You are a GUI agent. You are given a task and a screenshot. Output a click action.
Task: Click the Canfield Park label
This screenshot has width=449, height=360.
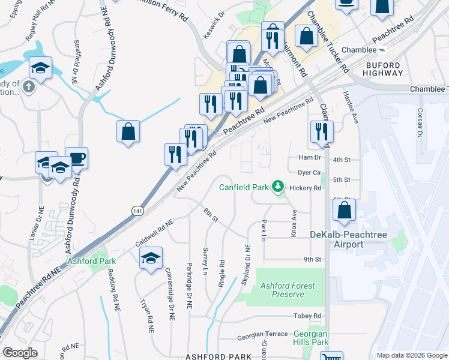pyautogui.click(x=244, y=187)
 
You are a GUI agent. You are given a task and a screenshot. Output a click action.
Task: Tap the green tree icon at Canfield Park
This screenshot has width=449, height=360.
pyautogui.click(x=277, y=187)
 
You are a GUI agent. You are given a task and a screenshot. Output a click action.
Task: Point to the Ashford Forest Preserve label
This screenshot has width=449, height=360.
pyautogui.click(x=287, y=290)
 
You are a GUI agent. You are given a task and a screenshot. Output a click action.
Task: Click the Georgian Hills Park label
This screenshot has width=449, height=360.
pyautogui.click(x=311, y=338)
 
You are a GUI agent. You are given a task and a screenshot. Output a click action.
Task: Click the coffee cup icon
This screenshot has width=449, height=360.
pyautogui.click(x=76, y=158)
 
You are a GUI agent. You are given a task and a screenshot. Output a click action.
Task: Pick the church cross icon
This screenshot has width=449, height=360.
pyautogui.click(x=27, y=87)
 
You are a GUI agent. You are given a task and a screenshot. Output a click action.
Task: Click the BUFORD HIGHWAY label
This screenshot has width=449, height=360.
pyautogui.click(x=383, y=68)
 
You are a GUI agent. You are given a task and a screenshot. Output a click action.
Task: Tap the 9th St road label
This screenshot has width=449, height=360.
pyautogui.click(x=313, y=260)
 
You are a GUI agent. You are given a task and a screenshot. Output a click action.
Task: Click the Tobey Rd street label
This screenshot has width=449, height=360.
pyautogui.click(x=308, y=316)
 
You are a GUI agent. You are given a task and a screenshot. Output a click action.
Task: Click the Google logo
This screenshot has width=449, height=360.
pyautogui.click(x=20, y=353)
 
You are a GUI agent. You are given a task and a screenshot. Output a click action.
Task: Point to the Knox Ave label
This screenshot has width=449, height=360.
pyautogui.click(x=294, y=223)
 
